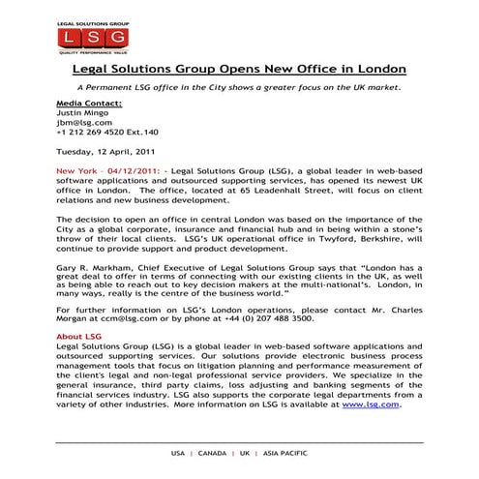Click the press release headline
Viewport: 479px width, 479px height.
(x=239, y=71)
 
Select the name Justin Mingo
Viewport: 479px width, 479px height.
(x=80, y=111)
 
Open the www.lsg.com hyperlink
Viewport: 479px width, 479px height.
(x=370, y=404)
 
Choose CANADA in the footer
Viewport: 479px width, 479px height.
(x=211, y=453)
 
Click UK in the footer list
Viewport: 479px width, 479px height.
(x=245, y=453)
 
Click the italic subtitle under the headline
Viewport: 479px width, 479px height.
(x=239, y=87)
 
